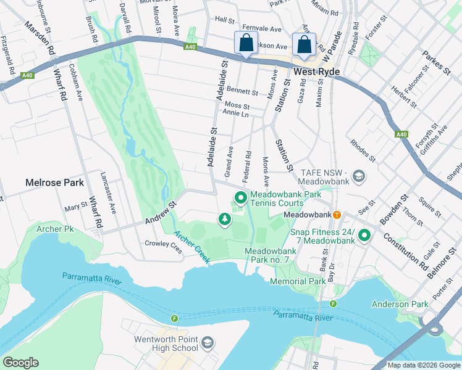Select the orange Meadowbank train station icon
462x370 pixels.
click(x=337, y=215)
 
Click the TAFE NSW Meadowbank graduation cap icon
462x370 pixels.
click(x=358, y=178)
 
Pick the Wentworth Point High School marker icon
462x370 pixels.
click(x=208, y=342)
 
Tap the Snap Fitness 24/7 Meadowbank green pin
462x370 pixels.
click(x=364, y=235)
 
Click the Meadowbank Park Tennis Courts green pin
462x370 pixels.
click(x=240, y=198)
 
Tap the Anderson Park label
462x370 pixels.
click(x=400, y=304)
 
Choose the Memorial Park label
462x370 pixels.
click(x=298, y=281)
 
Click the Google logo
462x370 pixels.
click(x=20, y=363)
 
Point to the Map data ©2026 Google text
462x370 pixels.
click(x=423, y=365)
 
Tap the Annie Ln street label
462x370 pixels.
click(x=235, y=114)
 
